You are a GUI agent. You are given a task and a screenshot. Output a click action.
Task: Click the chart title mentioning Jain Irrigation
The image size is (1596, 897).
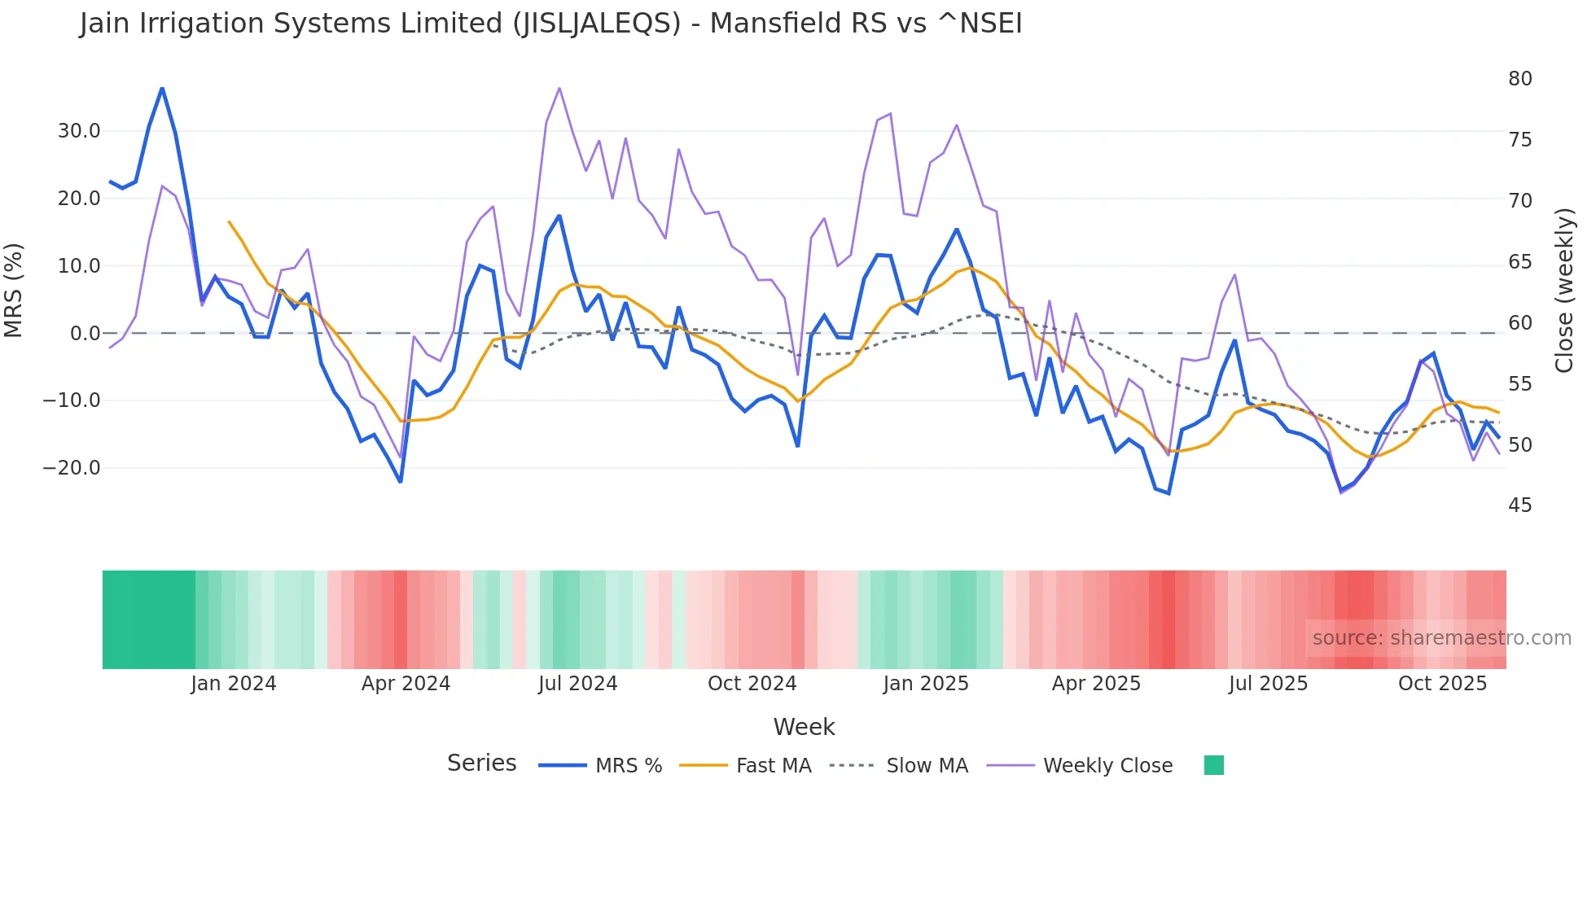coord(550,24)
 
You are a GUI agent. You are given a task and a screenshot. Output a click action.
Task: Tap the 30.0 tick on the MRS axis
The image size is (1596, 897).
coord(79,131)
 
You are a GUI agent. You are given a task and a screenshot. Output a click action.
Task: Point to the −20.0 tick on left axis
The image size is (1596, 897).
coord(72,468)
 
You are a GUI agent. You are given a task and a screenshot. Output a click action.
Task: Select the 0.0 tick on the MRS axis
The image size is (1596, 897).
coord(85,334)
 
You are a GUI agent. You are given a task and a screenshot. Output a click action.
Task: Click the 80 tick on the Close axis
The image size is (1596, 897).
coord(1519,79)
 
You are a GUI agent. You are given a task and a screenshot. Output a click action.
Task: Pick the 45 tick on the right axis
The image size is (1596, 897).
coord(1519,505)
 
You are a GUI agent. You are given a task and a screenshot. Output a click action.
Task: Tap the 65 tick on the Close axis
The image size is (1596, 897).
coord(1519,262)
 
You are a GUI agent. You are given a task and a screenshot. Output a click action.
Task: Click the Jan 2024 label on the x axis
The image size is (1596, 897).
coord(234,684)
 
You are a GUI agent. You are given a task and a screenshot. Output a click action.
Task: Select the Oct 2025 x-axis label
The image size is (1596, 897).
coord(1442,684)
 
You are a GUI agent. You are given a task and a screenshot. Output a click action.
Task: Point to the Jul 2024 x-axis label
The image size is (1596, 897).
coord(578,684)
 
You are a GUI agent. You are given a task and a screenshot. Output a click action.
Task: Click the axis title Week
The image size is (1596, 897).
coord(804,727)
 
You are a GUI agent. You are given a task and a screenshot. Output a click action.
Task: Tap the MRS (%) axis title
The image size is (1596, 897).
coord(14,290)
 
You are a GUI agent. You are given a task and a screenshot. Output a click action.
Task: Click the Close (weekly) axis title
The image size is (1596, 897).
coord(1564,291)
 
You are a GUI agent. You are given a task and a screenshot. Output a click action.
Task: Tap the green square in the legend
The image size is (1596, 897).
coord(1213,765)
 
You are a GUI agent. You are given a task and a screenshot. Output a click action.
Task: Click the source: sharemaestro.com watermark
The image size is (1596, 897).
coord(1441,638)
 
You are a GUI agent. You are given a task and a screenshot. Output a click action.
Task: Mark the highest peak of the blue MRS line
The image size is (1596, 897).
coord(162,88)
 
